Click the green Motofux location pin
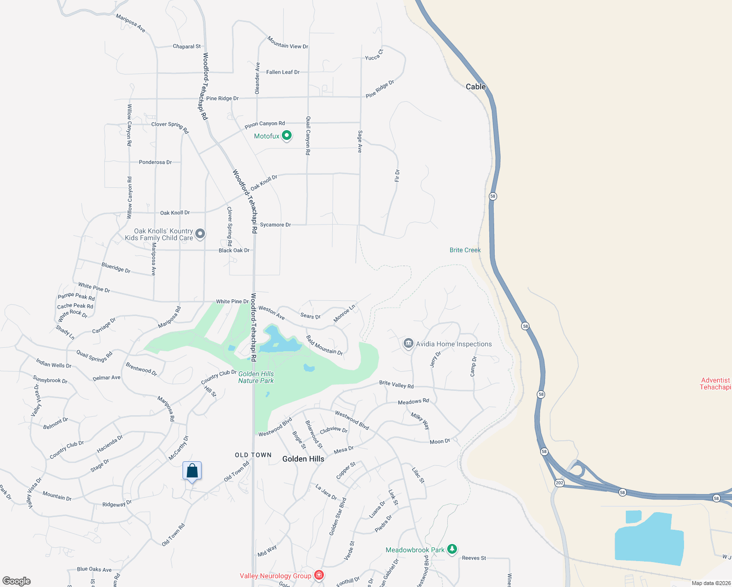[287, 135]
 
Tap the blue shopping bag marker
[192, 471]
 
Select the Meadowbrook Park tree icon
[452, 549]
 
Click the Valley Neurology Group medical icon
[319, 575]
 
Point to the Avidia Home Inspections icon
[408, 344]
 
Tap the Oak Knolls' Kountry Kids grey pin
[200, 234]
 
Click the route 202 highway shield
[559, 483]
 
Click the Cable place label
[476, 87]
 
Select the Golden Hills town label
[303, 459]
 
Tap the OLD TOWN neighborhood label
[253, 455]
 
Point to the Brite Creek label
[465, 250]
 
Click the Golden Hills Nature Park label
[256, 377]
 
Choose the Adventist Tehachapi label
[715, 384]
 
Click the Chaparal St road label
[186, 46]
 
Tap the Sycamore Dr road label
[275, 225]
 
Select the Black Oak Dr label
[234, 250]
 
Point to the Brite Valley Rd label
[396, 384]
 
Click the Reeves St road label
[474, 558]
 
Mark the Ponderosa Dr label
[155, 162]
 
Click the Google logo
[17, 581]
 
